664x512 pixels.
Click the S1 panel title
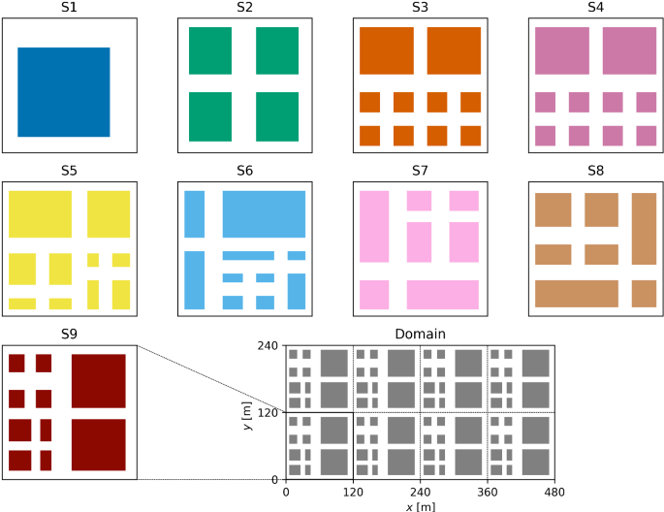click(69, 9)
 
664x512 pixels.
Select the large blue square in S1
click(64, 92)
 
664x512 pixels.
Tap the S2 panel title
click(244, 9)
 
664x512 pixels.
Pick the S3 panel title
click(420, 9)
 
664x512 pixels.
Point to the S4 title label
click(595, 9)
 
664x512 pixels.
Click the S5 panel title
click(69, 172)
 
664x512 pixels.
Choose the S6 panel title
click(244, 172)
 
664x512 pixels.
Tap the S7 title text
click(420, 172)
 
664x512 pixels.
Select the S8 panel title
click(595, 172)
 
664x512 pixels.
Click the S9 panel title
click(69, 335)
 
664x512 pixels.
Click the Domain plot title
click(420, 335)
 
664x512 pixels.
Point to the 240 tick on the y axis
click(270, 346)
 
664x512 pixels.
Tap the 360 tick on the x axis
click(487, 493)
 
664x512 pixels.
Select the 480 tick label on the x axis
click(553, 493)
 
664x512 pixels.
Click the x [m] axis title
click(420, 506)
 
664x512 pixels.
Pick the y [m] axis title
click(249, 413)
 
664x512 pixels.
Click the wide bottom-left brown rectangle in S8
click(577, 293)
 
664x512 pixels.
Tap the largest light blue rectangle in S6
click(264, 214)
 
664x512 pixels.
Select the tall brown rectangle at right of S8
click(645, 229)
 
